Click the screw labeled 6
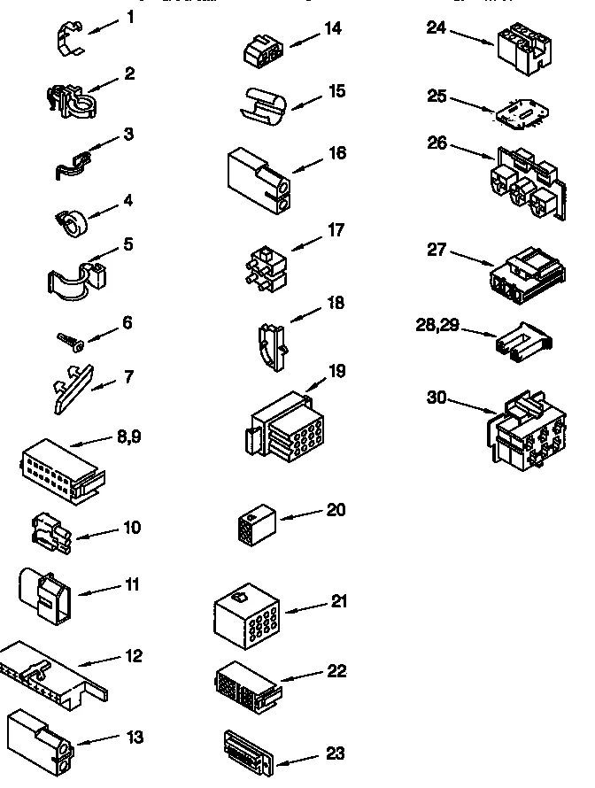coord(68,341)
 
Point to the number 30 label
coord(437,398)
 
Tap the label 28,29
coord(437,326)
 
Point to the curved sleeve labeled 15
coord(261,103)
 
